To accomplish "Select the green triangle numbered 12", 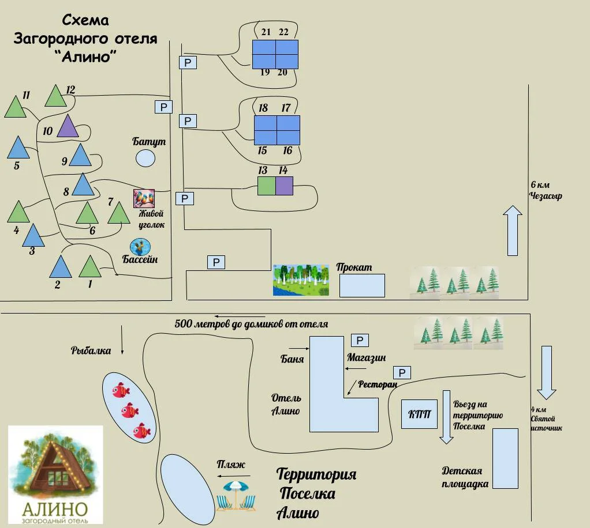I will click(x=55, y=97).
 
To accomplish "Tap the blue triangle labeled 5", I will click(x=18, y=149).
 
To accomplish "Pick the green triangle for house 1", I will click(x=89, y=268).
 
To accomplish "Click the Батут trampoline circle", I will click(x=145, y=157).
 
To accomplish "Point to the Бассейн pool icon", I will click(x=139, y=247).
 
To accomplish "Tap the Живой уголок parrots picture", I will click(x=144, y=198).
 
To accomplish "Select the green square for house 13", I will click(x=266, y=186).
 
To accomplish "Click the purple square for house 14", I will click(x=284, y=186).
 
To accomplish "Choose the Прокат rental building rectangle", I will click(x=362, y=285).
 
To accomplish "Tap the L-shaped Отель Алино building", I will click(x=329, y=392).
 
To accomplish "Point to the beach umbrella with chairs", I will click(x=236, y=496).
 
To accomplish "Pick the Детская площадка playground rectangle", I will click(x=505, y=458).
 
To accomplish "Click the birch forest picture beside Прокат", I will click(x=301, y=280).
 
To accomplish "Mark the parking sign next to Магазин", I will click(x=360, y=340).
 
